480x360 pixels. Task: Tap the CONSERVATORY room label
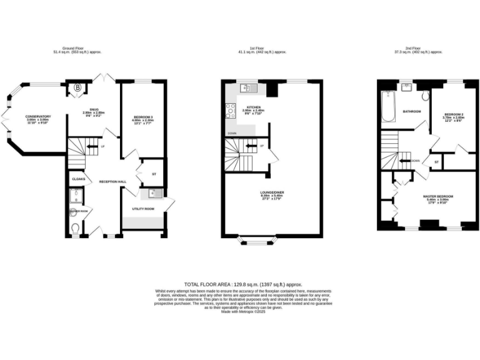coord(38,117)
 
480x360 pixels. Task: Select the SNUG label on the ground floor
coord(94,110)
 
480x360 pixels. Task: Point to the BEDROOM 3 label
coord(144,117)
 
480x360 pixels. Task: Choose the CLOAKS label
coord(78,179)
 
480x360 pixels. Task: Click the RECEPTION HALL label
coord(112,181)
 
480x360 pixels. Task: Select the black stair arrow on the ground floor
coord(92,147)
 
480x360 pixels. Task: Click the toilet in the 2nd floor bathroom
coord(425,96)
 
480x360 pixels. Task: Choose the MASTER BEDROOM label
coord(437,196)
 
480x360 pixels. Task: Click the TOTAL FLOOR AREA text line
coord(239,284)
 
